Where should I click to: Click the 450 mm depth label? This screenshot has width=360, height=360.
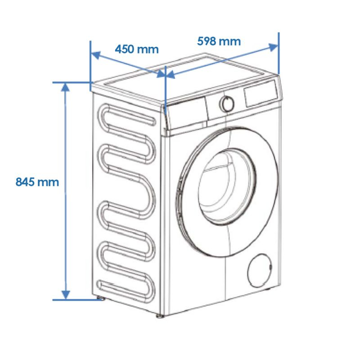[137, 49]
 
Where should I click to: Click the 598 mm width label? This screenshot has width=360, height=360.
[219, 41]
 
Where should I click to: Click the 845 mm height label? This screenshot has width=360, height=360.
[37, 182]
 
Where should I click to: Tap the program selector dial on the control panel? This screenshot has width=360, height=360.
[227, 104]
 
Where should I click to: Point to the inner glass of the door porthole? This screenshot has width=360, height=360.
[227, 186]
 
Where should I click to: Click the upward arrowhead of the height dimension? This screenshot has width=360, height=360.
[65, 87]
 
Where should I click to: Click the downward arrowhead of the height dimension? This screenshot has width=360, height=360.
[66, 295]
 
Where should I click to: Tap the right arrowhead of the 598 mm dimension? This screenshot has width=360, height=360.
[273, 47]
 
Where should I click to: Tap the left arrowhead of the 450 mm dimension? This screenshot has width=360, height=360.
[96, 55]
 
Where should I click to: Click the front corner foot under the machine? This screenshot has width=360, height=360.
[161, 316]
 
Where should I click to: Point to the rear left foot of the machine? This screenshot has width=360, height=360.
[100, 298]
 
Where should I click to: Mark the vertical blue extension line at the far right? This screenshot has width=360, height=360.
[279, 53]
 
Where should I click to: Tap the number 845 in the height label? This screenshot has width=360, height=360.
[25, 182]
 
